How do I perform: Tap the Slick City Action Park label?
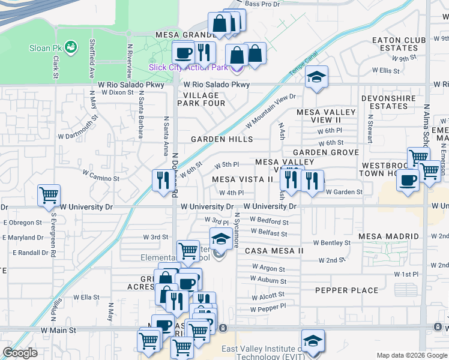click(x=188, y=67)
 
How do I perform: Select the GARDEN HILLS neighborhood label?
click(x=221, y=139)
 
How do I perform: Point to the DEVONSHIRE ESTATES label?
click(x=385, y=102)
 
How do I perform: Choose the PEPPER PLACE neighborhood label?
click(x=347, y=290)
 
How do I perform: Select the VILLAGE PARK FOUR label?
click(x=201, y=99)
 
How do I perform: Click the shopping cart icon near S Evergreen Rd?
click(x=49, y=195)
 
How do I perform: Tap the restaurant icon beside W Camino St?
click(x=162, y=179)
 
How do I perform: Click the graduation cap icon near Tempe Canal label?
click(x=316, y=76)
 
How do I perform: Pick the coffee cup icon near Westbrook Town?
click(x=409, y=179)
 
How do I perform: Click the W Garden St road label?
click(x=344, y=192)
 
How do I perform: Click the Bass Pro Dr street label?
click(x=263, y=4)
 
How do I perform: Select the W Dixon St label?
click(x=117, y=92)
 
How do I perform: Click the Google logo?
click(x=20, y=353)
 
